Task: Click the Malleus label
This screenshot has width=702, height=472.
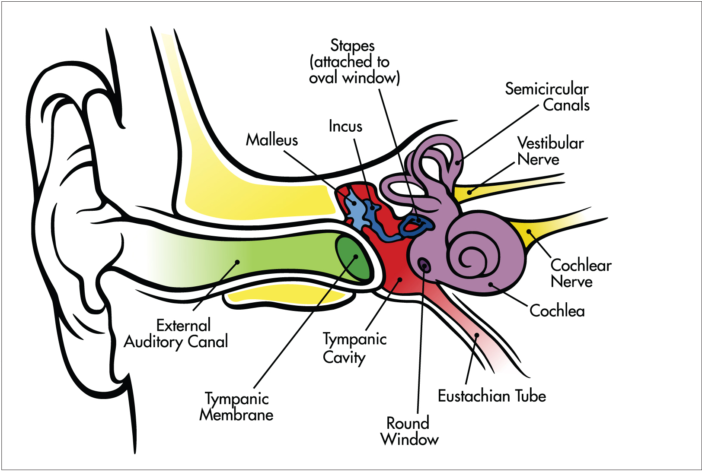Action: pos(272,140)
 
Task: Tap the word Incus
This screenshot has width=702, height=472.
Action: pos(345,126)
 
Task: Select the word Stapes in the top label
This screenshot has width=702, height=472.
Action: pos(352,45)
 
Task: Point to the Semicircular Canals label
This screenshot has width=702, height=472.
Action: pos(547,97)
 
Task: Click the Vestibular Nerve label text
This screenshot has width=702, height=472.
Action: pos(550,151)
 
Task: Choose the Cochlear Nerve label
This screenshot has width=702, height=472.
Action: pos(581,273)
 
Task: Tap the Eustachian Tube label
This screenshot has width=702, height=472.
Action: pos(492,396)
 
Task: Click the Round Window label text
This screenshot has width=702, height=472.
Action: pos(409,431)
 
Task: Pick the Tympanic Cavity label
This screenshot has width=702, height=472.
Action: pos(354,348)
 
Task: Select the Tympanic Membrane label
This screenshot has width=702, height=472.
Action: pos(236,407)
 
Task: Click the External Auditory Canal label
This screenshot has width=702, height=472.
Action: pos(176,333)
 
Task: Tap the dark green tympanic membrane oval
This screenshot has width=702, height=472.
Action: pos(353,258)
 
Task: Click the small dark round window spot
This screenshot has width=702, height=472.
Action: pos(424,265)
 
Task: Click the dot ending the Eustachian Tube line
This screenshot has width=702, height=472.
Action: pos(477,335)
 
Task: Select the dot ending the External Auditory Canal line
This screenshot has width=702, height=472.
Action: pos(237,262)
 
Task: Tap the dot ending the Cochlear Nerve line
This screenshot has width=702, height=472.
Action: pos(529,232)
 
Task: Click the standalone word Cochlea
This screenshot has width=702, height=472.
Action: pos(557,311)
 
